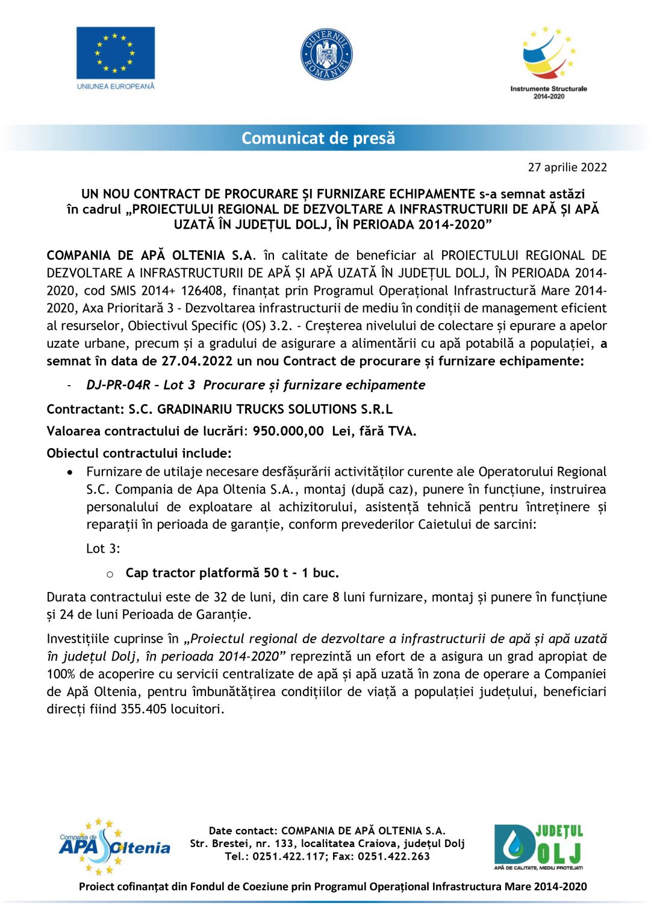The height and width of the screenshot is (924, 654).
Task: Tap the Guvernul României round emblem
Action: (x=326, y=55)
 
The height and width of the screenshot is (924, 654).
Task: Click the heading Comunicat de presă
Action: (x=318, y=138)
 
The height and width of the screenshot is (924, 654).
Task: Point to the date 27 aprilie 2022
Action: (x=567, y=167)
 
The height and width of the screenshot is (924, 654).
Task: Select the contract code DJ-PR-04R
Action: (x=118, y=385)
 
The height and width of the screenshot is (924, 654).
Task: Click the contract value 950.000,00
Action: (x=288, y=431)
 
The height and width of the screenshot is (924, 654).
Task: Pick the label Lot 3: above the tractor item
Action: (x=103, y=549)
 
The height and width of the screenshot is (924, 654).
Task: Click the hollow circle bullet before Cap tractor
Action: (x=110, y=574)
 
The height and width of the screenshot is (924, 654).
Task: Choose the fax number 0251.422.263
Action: (x=394, y=857)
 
